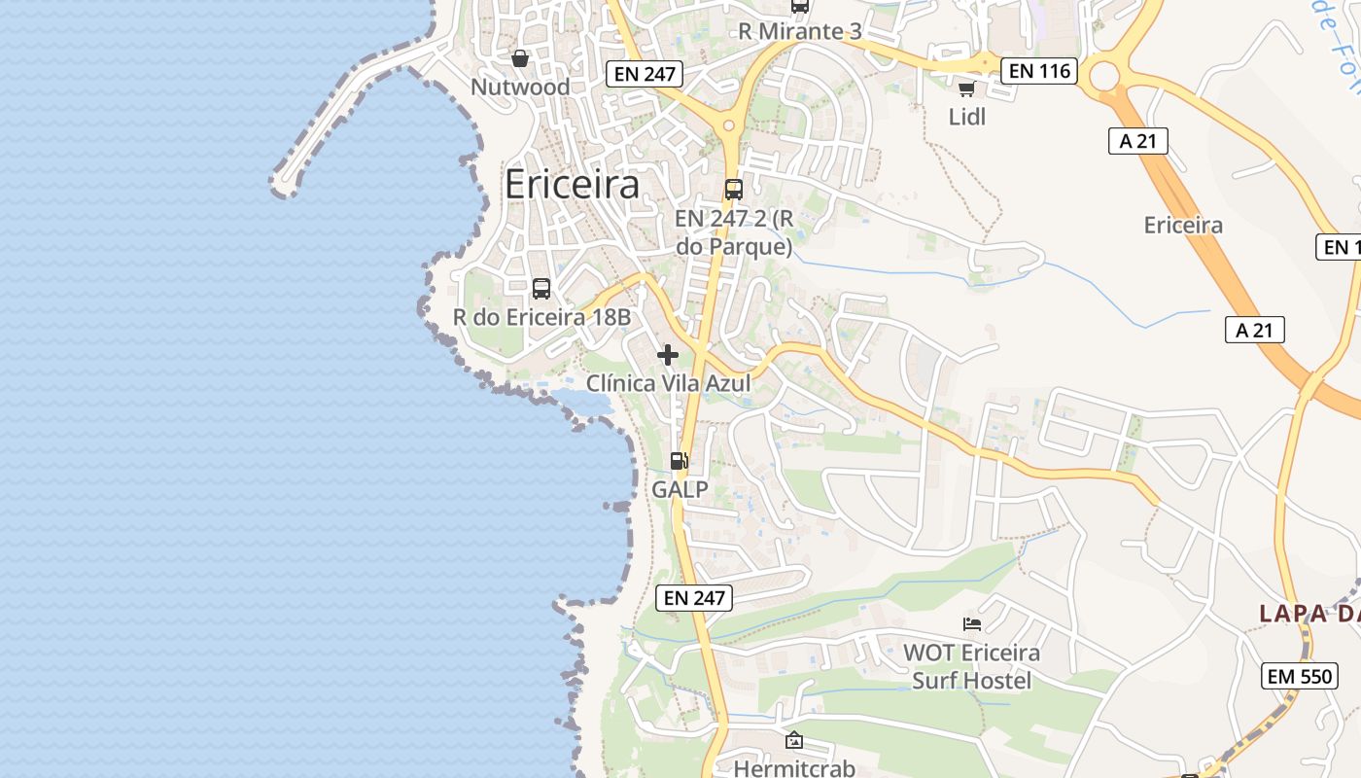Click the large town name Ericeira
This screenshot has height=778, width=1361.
coord(572,185)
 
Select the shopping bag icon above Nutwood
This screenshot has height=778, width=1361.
coord(520,58)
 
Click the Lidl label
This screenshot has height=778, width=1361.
coord(967,117)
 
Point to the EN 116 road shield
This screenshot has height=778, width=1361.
coord(1039,70)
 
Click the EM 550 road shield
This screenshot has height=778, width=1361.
coord(1299,676)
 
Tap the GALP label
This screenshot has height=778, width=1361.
coord(680,489)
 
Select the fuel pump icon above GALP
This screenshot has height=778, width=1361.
coord(680,461)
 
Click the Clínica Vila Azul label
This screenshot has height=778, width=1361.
coord(668,383)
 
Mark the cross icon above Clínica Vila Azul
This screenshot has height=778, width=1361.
coord(668,355)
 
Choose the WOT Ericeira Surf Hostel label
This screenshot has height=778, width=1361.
coord(971,666)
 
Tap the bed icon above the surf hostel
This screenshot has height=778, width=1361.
coord(971,623)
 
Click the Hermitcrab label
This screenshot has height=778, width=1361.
coord(794,768)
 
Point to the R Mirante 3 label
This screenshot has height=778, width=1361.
coord(799,31)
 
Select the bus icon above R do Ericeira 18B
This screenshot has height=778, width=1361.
coord(541,289)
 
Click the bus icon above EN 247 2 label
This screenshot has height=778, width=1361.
coord(734,190)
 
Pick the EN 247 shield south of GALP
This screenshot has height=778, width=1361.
coord(695,598)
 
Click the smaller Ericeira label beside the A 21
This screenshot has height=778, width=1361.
coord(1183,226)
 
